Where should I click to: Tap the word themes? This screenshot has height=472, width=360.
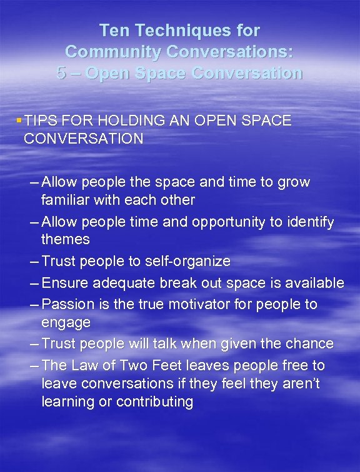[65, 240]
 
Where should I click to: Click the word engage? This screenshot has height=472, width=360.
[66, 323]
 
